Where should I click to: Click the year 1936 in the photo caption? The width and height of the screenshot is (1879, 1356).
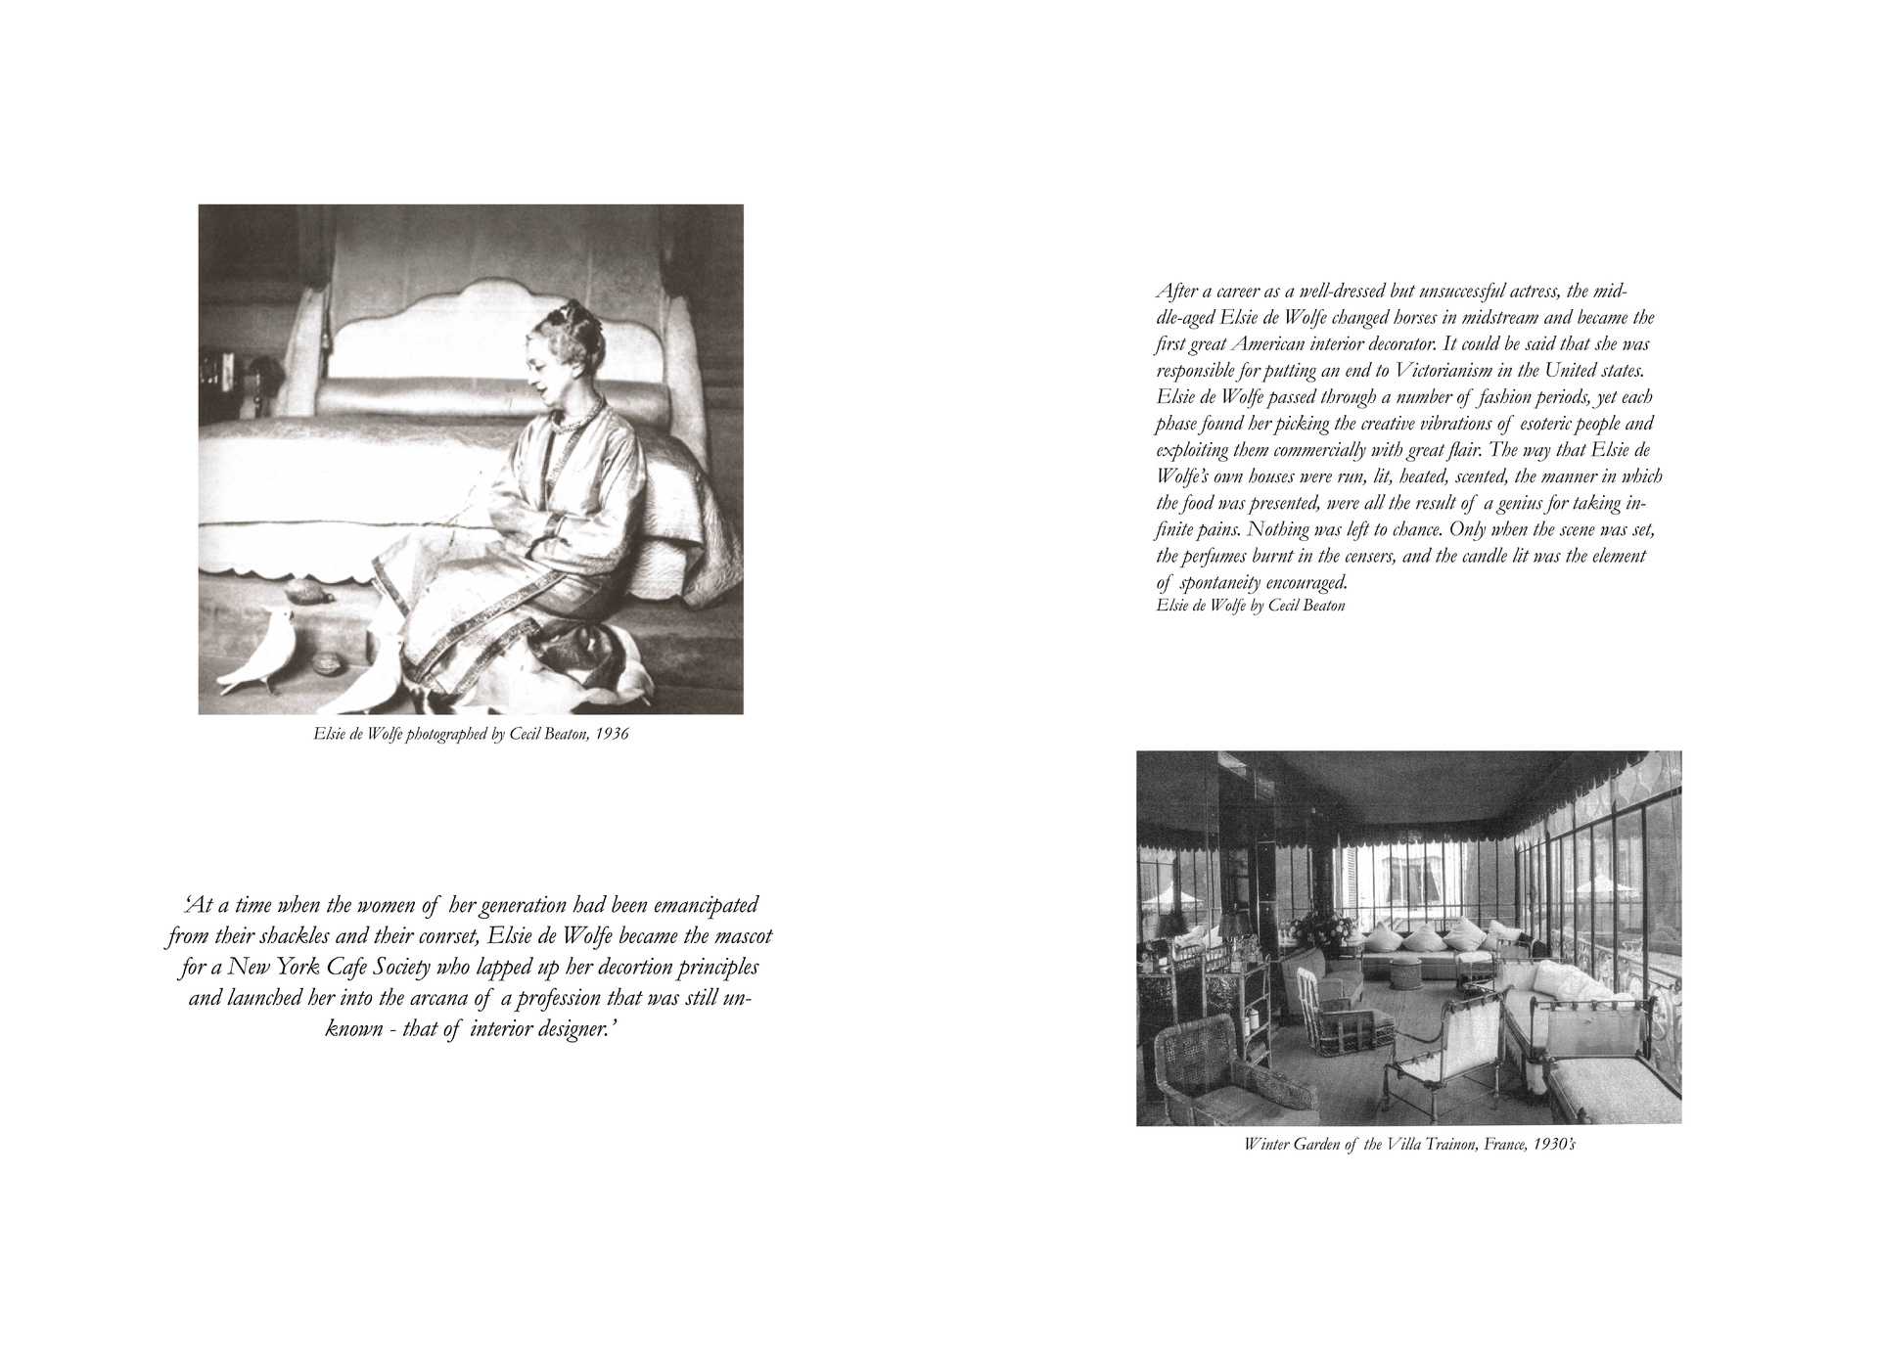(x=611, y=734)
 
